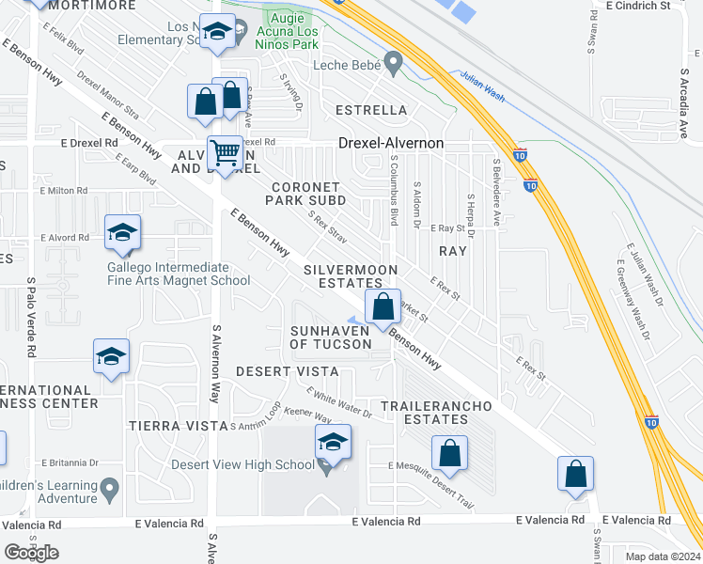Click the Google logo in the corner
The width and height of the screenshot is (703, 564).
click(31, 552)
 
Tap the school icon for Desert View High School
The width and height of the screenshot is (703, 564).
click(333, 443)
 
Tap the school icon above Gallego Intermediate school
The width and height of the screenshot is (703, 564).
click(122, 234)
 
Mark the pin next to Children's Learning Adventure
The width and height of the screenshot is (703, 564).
click(110, 489)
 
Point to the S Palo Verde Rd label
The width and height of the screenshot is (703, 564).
click(31, 317)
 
